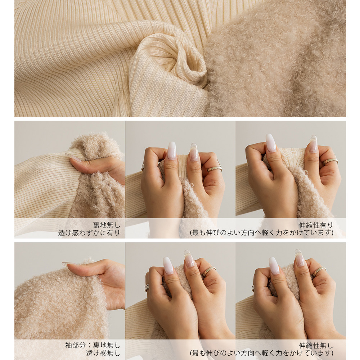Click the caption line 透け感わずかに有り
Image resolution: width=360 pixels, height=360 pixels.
(89, 233)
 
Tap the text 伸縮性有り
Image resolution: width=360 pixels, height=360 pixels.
(316, 225)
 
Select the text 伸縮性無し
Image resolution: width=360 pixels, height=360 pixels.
(316, 346)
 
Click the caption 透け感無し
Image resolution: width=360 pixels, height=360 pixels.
(103, 354)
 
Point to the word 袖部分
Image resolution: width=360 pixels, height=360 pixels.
(75, 345)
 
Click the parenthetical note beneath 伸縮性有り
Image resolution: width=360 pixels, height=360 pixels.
(261, 233)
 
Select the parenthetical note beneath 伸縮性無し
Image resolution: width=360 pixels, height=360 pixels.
(261, 353)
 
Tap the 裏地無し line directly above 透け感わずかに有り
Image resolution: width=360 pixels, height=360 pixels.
(107, 225)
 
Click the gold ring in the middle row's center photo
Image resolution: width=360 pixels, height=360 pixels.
(215, 169)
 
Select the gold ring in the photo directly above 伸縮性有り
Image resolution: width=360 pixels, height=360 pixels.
(330, 161)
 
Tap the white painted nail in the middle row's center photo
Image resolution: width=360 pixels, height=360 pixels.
(171, 150)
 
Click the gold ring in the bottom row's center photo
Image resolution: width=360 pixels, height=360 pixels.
(208, 271)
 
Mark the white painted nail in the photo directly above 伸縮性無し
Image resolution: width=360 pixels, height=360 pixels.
(274, 266)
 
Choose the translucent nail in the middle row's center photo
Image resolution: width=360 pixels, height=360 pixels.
(194, 152)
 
